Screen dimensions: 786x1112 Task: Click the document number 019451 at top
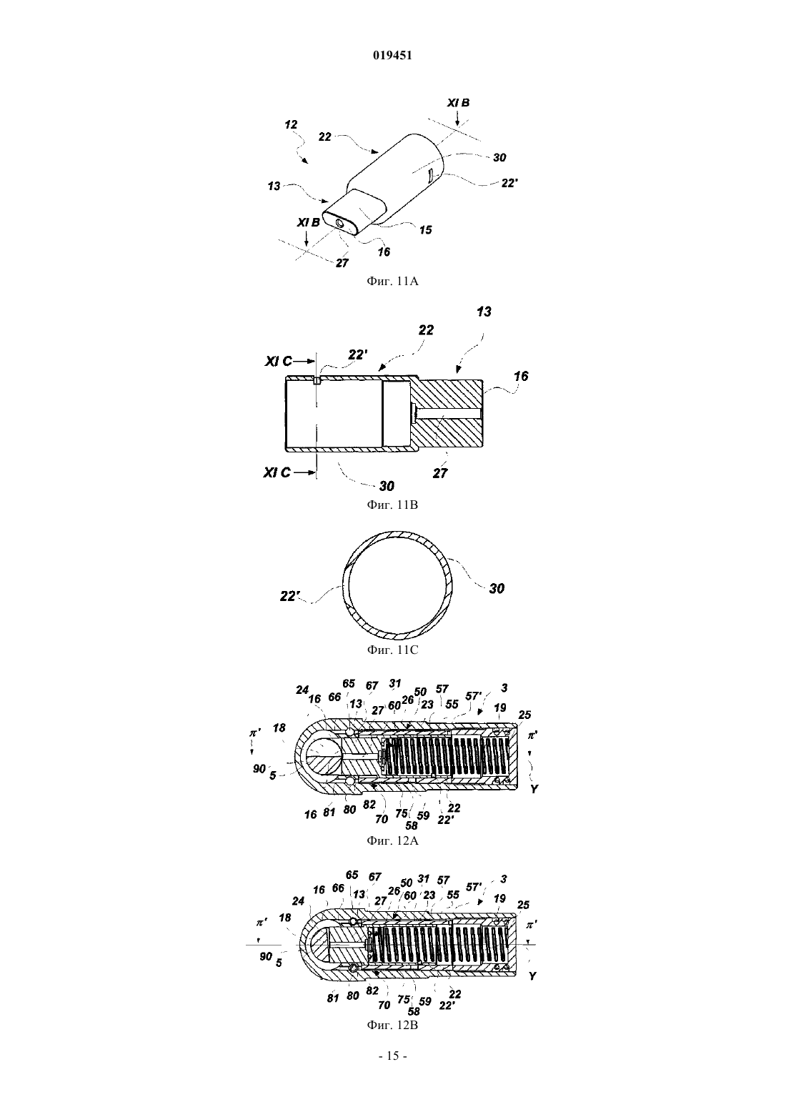point(392,56)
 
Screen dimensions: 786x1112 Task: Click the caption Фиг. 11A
point(392,282)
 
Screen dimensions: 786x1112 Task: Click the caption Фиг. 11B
point(392,505)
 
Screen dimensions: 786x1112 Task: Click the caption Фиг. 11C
point(392,650)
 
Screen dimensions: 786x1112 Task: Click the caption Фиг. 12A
point(392,840)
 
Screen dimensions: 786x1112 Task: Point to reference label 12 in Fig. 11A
point(291,124)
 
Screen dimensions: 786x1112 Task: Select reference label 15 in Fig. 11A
point(426,230)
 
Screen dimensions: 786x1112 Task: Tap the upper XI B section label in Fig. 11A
point(458,103)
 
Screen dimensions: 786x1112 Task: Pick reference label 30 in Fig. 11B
point(387,485)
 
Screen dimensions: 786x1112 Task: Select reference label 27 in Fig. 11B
point(440,474)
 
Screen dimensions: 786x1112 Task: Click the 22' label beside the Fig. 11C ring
point(289,596)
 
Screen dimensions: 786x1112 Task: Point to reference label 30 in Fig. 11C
point(497,589)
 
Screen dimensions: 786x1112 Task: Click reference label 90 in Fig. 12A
point(259,769)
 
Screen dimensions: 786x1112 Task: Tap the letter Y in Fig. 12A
point(534,788)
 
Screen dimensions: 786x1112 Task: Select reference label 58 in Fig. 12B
point(413,1011)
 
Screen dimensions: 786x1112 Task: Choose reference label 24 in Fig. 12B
point(298,900)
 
